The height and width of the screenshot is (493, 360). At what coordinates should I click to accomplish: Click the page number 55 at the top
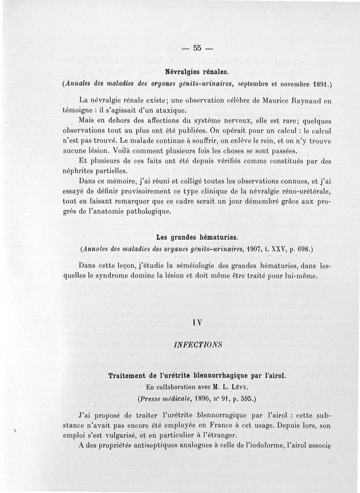(x=196, y=49)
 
